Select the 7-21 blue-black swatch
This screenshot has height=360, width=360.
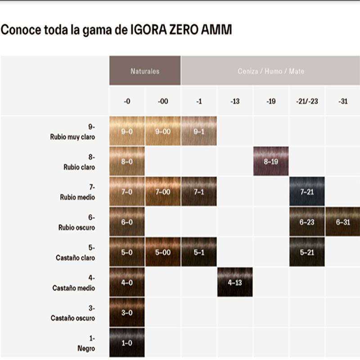pyautogui.click(x=307, y=192)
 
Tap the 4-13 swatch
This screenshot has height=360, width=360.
pyautogui.click(x=235, y=282)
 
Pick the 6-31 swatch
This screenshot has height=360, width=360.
pyautogui.click(x=342, y=222)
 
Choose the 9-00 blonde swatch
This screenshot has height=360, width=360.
pyautogui.click(x=163, y=131)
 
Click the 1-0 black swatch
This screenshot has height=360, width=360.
pyautogui.click(x=127, y=342)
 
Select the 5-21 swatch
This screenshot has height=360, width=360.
pyautogui.click(x=307, y=252)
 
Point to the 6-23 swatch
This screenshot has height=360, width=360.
pyautogui.click(x=307, y=222)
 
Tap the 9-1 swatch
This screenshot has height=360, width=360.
pyautogui.click(x=199, y=131)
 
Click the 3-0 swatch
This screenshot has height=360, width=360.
pyautogui.click(x=127, y=312)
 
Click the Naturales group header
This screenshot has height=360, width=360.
pyautogui.click(x=145, y=71)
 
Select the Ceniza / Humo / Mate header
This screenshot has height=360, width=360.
pyautogui.click(x=270, y=71)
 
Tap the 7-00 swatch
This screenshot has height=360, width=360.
pyautogui.click(x=163, y=192)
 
